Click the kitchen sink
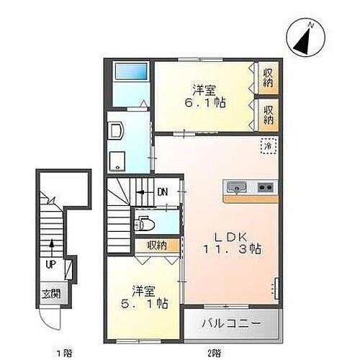[235, 188]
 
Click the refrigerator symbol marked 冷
[266, 147]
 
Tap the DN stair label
[163, 192]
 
